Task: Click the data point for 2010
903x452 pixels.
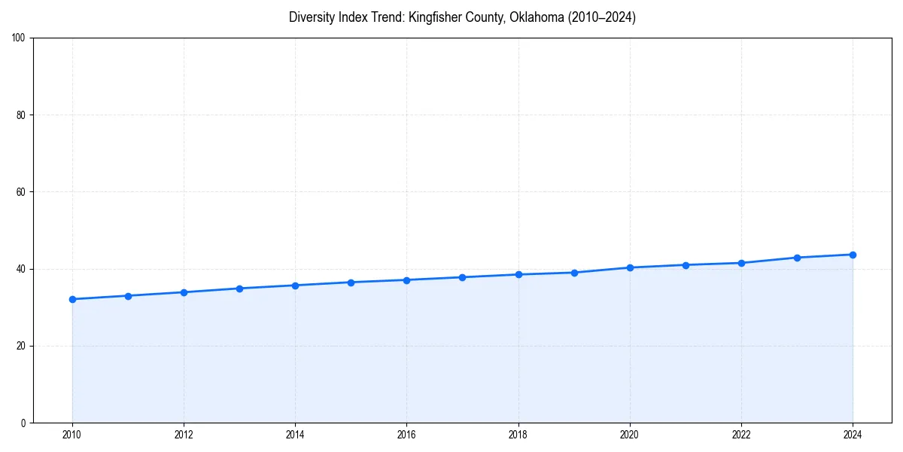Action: [72, 299]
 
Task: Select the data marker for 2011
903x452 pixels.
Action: [128, 296]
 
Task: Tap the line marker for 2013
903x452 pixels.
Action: [239, 289]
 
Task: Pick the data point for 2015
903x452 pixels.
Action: [351, 282]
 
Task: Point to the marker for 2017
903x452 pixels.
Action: [462, 277]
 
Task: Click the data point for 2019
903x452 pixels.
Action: [574, 273]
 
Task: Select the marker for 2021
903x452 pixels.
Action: [686, 265]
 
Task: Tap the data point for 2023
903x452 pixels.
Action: [797, 258]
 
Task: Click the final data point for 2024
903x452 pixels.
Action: [853, 255]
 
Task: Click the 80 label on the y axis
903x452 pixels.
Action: [23, 115]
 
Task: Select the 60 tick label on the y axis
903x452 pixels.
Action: [23, 192]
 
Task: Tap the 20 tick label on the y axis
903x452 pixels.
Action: [23, 346]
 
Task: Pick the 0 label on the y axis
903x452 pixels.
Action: [25, 423]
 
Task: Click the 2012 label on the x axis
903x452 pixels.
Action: [184, 435]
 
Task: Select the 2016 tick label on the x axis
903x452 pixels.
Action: [406, 435]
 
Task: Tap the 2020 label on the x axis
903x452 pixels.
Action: [630, 435]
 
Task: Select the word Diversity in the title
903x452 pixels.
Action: [311, 17]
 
